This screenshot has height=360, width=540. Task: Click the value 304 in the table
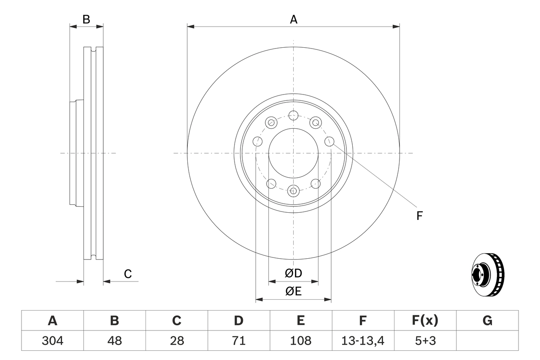[x=52, y=341]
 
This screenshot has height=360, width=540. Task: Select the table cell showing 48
[x=114, y=341]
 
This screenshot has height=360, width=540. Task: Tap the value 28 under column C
[x=176, y=341]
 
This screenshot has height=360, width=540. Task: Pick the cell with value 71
[x=238, y=341]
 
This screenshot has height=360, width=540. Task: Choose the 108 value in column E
[x=300, y=341]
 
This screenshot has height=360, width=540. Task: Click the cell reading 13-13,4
[x=362, y=341]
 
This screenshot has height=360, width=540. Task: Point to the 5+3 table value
[x=425, y=341]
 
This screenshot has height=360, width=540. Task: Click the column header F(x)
[x=425, y=321]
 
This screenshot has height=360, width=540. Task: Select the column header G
[x=487, y=321]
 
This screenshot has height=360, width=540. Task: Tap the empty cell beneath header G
[x=487, y=341]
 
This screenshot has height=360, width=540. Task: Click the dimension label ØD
[x=293, y=273]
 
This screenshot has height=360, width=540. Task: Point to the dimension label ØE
[x=293, y=291]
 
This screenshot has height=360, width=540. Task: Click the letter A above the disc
[x=293, y=19]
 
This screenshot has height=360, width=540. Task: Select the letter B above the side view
[x=86, y=19]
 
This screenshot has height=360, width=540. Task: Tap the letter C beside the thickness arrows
[x=128, y=274]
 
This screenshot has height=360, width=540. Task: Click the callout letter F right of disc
[x=419, y=216]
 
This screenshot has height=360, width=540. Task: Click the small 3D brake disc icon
[x=487, y=274]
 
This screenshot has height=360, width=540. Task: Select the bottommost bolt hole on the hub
[x=293, y=190]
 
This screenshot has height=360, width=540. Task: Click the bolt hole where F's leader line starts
[x=329, y=141]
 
